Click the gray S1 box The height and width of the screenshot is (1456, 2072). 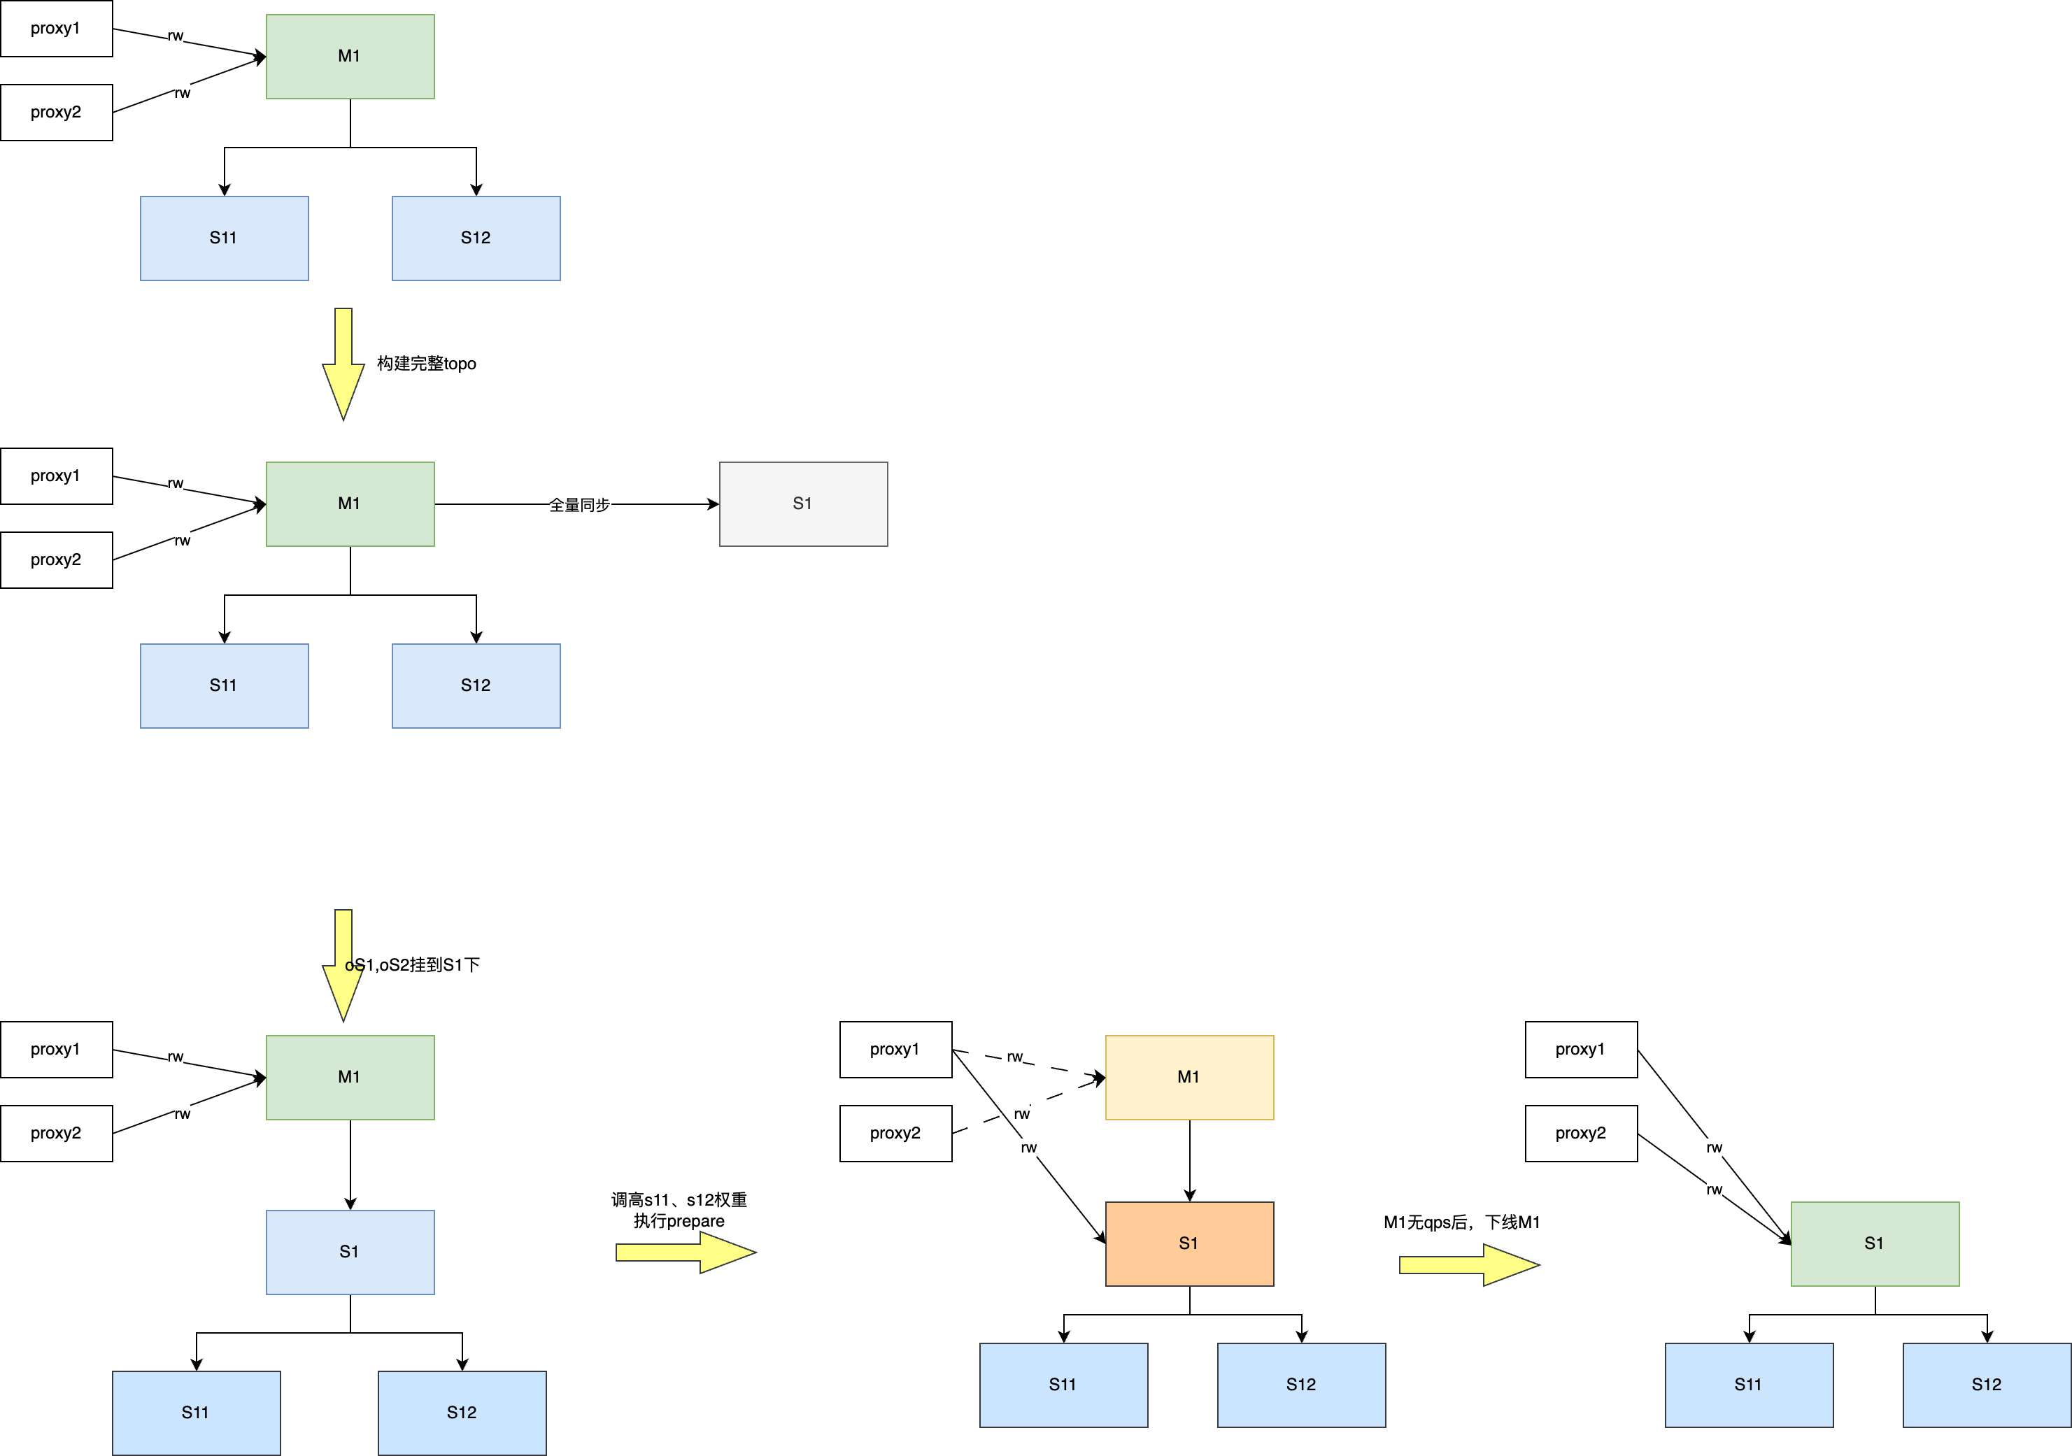(803, 504)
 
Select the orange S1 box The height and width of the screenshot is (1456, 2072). (1189, 1243)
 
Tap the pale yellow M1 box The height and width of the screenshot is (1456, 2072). (1189, 1077)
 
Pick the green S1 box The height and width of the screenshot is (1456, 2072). (1874, 1243)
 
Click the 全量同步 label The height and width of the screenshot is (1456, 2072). (579, 505)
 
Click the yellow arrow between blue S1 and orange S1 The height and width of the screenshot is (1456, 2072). (685, 1252)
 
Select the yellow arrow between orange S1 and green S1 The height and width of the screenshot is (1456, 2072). (1468, 1265)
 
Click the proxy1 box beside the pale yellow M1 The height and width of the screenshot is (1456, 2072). (895, 1049)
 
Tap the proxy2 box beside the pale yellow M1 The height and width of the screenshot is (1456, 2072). (895, 1133)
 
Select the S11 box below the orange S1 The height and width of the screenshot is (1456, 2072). (1063, 1385)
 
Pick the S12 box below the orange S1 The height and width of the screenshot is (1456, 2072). (1301, 1385)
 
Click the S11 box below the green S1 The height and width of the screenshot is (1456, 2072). (1749, 1385)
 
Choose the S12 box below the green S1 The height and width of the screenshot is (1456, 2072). (1986, 1385)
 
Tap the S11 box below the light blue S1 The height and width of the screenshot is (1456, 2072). (196, 1413)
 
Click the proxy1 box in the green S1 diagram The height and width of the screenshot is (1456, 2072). (1581, 1049)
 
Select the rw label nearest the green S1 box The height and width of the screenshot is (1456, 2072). (1714, 1190)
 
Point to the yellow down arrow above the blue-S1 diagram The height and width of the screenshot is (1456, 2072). (343, 964)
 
